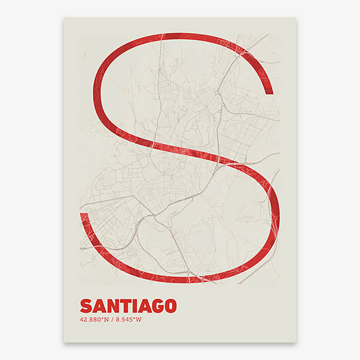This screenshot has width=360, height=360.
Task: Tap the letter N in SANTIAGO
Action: click(112, 305)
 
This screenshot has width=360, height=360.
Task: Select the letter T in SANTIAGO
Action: click(124, 305)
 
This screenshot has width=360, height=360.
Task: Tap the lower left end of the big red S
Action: click(84, 212)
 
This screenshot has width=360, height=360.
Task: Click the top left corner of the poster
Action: click(64, 17)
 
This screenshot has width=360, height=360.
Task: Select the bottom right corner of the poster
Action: click(296, 343)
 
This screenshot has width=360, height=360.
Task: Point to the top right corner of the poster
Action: click(296, 17)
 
